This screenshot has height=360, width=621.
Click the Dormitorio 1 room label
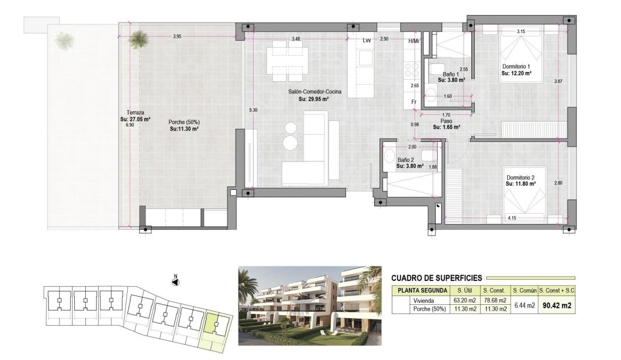(x=516, y=67)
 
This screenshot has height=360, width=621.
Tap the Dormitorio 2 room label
(x=521, y=178)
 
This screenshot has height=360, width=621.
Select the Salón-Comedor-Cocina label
(x=315, y=92)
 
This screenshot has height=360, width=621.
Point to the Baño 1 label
(x=451, y=74)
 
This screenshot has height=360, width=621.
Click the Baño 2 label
(x=406, y=160)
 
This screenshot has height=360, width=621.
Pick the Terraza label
(x=135, y=112)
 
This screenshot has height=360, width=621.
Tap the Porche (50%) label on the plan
(x=184, y=122)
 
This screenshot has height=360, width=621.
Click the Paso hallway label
(x=446, y=121)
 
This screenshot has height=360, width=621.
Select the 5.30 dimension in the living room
(x=253, y=110)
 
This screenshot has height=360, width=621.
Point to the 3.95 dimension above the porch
(x=177, y=37)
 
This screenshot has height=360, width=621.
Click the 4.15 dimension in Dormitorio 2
(x=512, y=217)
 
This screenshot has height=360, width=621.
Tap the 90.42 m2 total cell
(x=557, y=305)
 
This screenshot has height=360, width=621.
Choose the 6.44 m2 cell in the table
(x=524, y=305)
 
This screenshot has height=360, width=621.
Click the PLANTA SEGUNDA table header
(x=422, y=290)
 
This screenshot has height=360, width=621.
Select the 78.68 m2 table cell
(x=494, y=301)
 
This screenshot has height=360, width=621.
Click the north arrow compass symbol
(x=175, y=282)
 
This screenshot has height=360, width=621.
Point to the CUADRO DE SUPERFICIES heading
(x=436, y=278)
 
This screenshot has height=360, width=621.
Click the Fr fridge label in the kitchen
(x=414, y=102)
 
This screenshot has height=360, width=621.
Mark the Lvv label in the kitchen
(x=366, y=41)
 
